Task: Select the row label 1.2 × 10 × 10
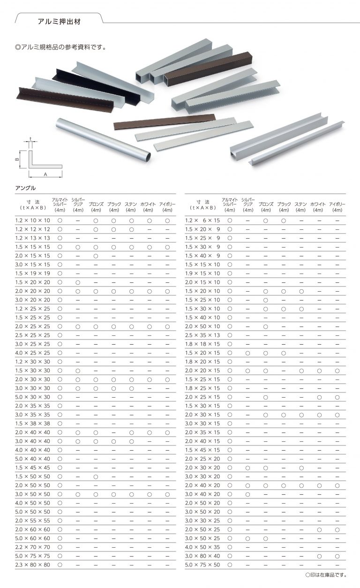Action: (x=32, y=220)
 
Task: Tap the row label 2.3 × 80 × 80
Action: (x=32, y=565)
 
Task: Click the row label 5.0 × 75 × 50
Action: (x=202, y=565)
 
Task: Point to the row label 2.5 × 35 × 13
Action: (x=202, y=335)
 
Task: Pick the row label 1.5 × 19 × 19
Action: (x=32, y=273)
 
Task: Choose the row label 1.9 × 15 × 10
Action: (x=202, y=273)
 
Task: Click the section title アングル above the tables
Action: (x=26, y=188)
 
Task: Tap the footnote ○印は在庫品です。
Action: (x=325, y=575)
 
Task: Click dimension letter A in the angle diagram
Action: (x=45, y=173)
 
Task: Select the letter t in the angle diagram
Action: (x=30, y=139)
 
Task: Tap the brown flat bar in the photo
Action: (x=164, y=121)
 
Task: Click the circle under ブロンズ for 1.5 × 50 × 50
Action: (x=96, y=476)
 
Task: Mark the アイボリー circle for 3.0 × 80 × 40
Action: (x=337, y=556)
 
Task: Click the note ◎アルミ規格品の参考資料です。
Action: (x=61, y=47)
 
